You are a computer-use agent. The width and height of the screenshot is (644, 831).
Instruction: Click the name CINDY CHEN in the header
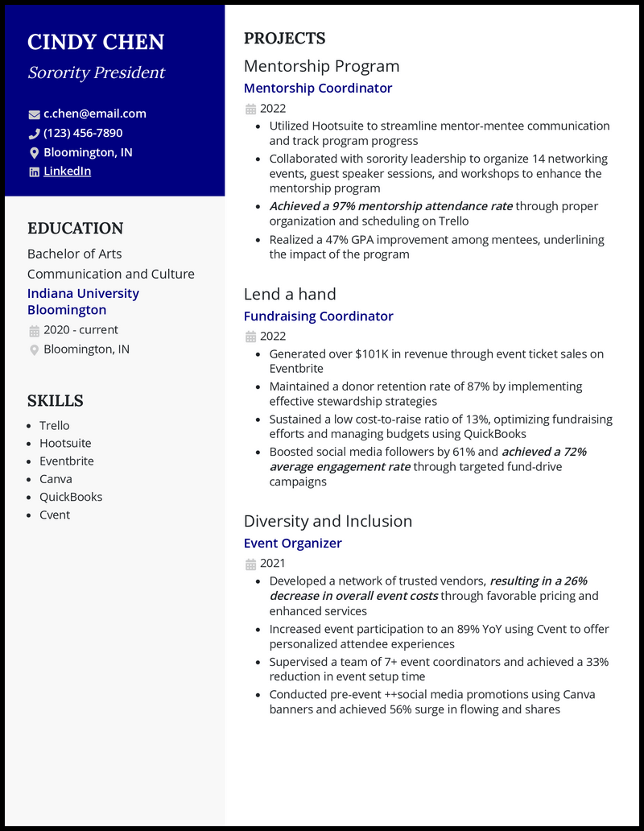96,42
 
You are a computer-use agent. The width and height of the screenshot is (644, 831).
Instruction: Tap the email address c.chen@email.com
95,114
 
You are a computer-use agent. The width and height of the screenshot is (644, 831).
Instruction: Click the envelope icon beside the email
34,114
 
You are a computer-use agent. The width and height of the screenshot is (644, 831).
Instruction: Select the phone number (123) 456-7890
83,133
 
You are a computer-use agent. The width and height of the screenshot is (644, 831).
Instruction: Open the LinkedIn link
67,171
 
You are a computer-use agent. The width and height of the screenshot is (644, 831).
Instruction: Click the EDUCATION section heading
76,229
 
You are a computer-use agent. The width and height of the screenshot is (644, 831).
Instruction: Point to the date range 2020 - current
80,329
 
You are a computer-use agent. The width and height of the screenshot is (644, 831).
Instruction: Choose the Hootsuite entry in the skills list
65,443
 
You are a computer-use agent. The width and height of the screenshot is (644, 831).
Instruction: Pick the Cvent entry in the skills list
55,515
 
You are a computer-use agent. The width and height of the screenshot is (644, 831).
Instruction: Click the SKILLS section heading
56,401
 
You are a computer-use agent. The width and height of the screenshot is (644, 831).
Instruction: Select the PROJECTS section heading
285,39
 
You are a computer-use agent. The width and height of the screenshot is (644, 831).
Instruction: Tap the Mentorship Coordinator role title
318,88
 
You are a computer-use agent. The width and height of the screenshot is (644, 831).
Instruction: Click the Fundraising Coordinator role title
319,316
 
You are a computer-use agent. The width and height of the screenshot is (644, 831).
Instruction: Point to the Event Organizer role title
293,543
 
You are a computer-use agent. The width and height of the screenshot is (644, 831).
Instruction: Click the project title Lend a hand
290,294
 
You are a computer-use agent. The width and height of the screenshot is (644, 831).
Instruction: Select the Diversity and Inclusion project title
328,521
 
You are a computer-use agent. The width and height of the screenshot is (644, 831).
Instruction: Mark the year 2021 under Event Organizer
272,563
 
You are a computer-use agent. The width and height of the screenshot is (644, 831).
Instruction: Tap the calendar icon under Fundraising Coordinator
250,337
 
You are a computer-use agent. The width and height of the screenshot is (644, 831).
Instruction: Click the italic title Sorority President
96,72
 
